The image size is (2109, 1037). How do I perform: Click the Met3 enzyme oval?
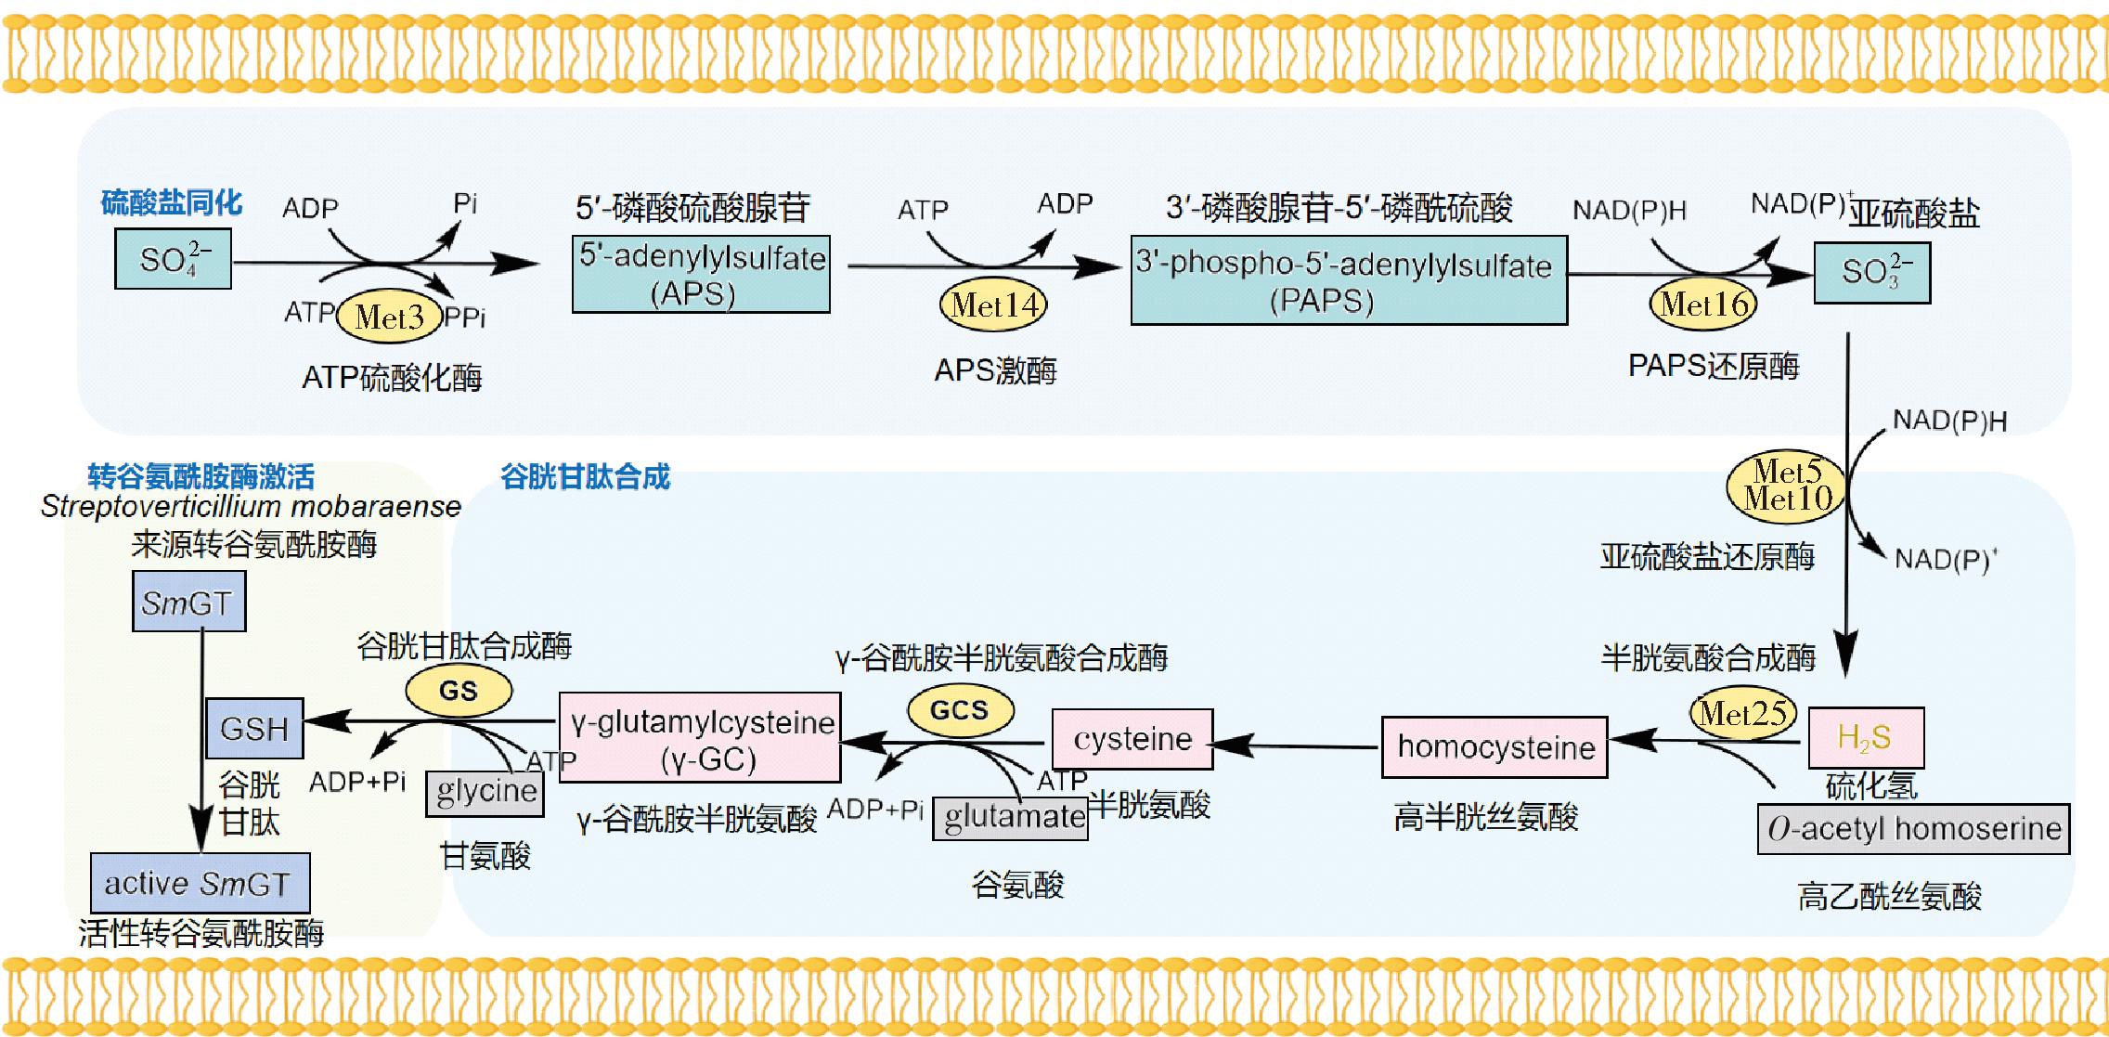coord(389,318)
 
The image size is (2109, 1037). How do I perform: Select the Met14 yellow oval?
coord(993,305)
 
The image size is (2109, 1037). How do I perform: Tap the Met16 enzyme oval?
coord(1703,304)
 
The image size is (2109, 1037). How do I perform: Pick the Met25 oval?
coord(1742,713)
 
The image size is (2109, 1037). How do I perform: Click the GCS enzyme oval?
coord(959,711)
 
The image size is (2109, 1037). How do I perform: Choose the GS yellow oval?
coord(459,691)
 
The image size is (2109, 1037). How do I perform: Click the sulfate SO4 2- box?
coord(173,259)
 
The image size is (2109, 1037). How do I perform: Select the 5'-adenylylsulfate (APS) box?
coord(701,275)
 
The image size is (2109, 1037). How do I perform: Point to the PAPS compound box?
coord(1349,280)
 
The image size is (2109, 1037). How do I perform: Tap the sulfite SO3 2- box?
coord(1872,273)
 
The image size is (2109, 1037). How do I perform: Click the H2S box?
coord(1866,738)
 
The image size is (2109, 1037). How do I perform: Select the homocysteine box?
coord(1494,746)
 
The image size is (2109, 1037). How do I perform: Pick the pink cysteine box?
coord(1132,739)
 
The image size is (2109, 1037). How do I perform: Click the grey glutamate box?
coord(1010,817)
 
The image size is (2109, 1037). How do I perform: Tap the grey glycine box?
coord(485,793)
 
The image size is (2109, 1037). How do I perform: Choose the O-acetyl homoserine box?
coord(1913,829)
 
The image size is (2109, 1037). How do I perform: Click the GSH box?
coord(254,729)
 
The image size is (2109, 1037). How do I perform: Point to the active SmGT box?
coord(200,883)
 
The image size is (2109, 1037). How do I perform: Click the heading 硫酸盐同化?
coord(172,202)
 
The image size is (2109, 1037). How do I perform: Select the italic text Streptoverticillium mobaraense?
coord(251,507)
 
